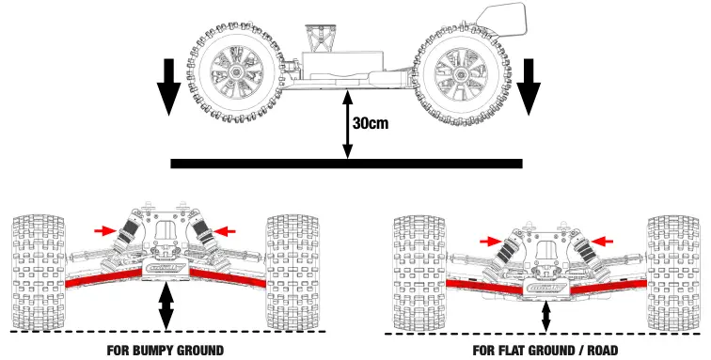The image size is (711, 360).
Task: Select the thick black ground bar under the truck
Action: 346,164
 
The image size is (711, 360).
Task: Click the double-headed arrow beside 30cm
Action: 349,122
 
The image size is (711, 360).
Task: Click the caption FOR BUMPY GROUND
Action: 166,350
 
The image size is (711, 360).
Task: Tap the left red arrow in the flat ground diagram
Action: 489,242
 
